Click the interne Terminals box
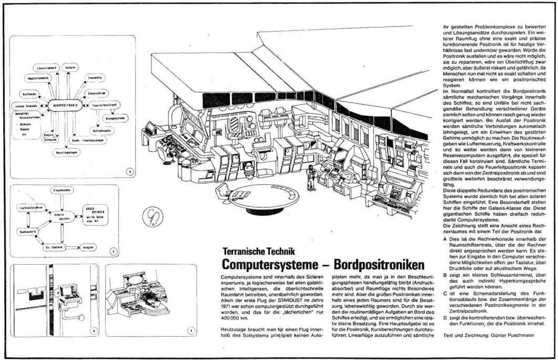click(24, 105)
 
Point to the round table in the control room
click(258, 194)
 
